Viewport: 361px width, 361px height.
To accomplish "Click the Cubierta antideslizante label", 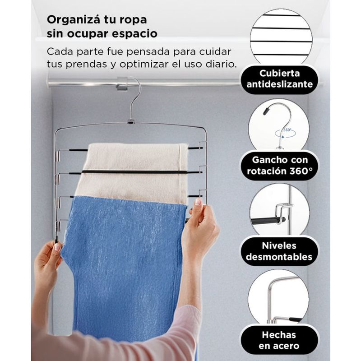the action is (279, 79).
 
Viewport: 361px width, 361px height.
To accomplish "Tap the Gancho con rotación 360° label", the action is (279, 166).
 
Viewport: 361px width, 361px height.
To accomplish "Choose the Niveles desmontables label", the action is (279, 251).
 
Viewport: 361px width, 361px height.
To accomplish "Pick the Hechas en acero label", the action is (279, 340).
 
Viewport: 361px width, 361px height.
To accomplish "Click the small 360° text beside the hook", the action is (287, 130).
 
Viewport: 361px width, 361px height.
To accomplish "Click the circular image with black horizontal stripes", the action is (281, 37).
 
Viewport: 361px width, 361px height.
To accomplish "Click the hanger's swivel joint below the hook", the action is (131, 121).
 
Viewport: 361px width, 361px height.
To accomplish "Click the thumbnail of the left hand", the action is (57, 247).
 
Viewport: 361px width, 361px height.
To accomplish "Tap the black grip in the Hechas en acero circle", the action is (295, 319).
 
